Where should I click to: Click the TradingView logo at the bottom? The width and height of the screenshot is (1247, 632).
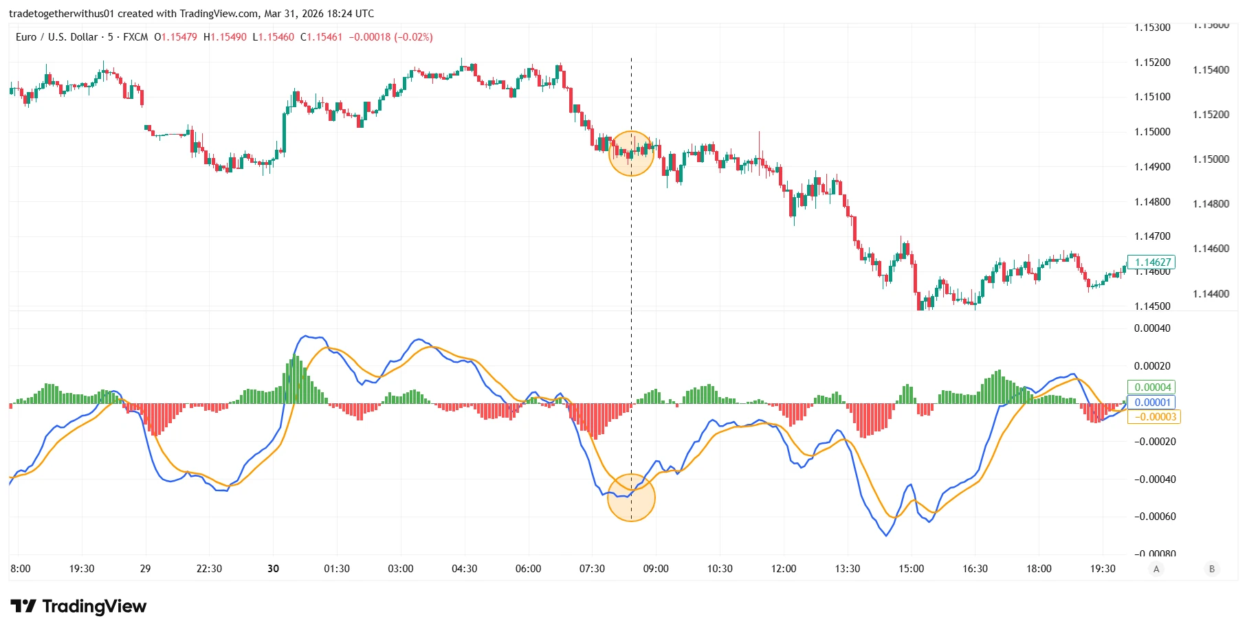click(78, 606)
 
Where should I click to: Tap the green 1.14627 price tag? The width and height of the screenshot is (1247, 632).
click(1152, 262)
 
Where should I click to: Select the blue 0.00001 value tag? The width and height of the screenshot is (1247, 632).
click(1152, 403)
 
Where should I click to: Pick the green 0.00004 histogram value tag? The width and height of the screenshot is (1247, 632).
click(1152, 387)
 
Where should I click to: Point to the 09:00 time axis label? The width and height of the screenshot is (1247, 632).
click(655, 569)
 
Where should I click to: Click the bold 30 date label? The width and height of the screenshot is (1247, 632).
click(274, 569)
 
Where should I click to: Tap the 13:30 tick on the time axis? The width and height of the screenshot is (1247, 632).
click(847, 569)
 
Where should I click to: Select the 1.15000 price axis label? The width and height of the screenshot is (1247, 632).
click(1152, 132)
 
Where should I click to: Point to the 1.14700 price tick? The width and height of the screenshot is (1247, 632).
click(1152, 236)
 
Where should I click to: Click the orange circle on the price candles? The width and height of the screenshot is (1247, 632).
click(631, 153)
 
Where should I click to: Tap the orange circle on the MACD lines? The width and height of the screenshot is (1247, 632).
click(631, 497)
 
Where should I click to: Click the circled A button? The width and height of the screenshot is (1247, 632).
click(1156, 569)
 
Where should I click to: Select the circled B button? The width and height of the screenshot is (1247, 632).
click(1212, 569)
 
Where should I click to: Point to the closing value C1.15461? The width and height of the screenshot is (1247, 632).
click(321, 37)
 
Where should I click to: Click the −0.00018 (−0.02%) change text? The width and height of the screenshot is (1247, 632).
click(390, 37)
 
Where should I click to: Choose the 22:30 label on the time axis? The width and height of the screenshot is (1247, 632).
click(209, 569)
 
